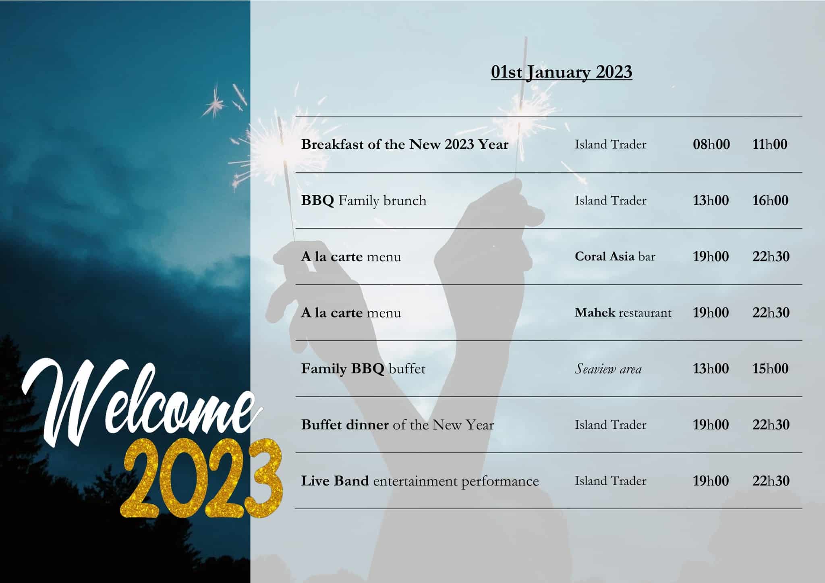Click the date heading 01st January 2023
coord(561,73)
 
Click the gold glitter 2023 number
coord(201,479)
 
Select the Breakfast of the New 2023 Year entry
coord(404,144)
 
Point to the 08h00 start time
coord(711,144)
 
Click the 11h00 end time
coord(769,144)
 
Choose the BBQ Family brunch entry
coord(363,201)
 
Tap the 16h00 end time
coord(770,201)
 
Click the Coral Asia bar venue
coord(615,257)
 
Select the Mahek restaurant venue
coord(623,313)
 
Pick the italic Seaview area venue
coord(608,369)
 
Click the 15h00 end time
coord(770,369)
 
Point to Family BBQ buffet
coord(363,369)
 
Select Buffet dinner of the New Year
coord(397,425)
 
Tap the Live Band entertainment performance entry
coord(420,481)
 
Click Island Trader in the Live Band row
coord(610,481)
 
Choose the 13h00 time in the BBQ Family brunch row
coord(711,201)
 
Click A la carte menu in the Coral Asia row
coord(351,257)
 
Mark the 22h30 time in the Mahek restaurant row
coord(771,313)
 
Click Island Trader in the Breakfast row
coord(610,144)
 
